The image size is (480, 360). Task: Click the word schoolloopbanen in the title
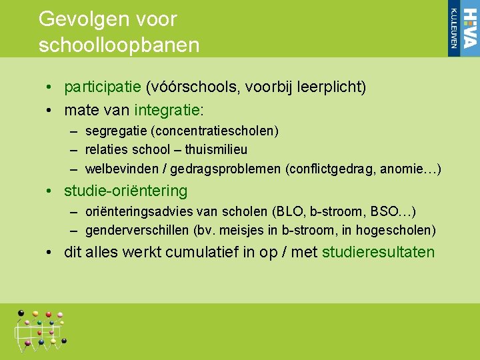tap(119, 45)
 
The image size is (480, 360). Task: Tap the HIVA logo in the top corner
tap(463, 28)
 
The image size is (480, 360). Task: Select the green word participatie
tap(102, 87)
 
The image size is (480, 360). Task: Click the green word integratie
tap(169, 109)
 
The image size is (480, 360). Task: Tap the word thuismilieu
tap(216, 150)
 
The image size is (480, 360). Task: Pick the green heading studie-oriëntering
tap(125, 191)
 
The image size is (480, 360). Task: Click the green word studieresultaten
tap(378, 253)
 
